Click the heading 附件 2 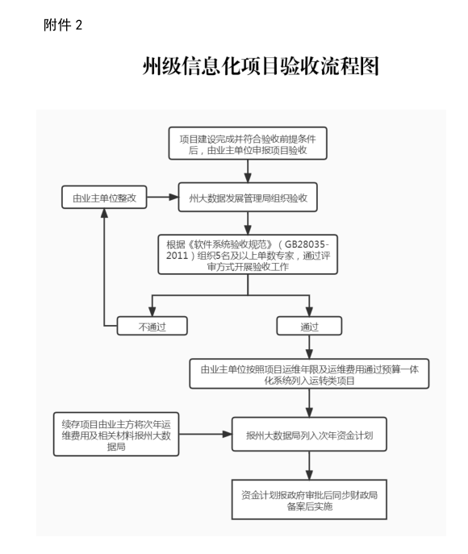click(x=63, y=25)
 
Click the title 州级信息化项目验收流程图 click(x=261, y=65)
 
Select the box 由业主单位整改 click(x=104, y=197)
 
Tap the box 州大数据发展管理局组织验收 click(x=248, y=197)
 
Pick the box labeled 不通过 click(x=152, y=326)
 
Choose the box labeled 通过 click(x=309, y=326)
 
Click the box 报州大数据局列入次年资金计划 click(x=309, y=434)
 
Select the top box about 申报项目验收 click(x=248, y=144)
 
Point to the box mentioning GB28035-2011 click(x=248, y=254)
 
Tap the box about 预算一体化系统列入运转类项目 click(x=309, y=374)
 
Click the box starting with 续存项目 click(x=116, y=434)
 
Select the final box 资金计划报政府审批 click(x=309, y=500)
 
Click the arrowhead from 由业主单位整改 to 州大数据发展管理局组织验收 click(x=174, y=197)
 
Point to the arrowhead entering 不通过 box click(x=152, y=311)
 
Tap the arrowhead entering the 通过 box click(x=309, y=311)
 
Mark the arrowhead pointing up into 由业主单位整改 click(x=104, y=214)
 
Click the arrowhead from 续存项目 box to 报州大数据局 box click(x=227, y=434)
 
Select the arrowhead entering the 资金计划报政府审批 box click(x=309, y=474)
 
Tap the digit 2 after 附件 click(x=79, y=26)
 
